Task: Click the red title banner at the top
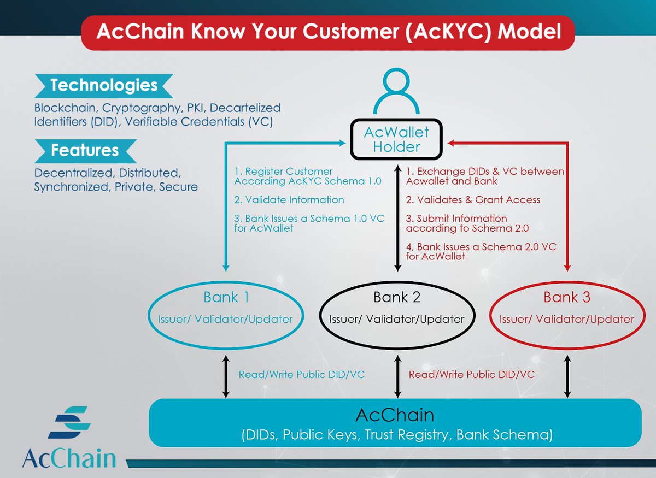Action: pos(328,32)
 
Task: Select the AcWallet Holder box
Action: pos(397,139)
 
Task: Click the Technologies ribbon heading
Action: pos(104,86)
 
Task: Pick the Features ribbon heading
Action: pos(85,150)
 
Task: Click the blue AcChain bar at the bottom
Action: pos(395,423)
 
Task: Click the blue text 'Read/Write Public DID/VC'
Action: pos(301,375)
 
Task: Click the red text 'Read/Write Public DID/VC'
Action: pos(471,375)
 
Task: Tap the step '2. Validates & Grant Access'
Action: pos(473,199)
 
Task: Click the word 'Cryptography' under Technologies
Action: pos(131,108)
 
